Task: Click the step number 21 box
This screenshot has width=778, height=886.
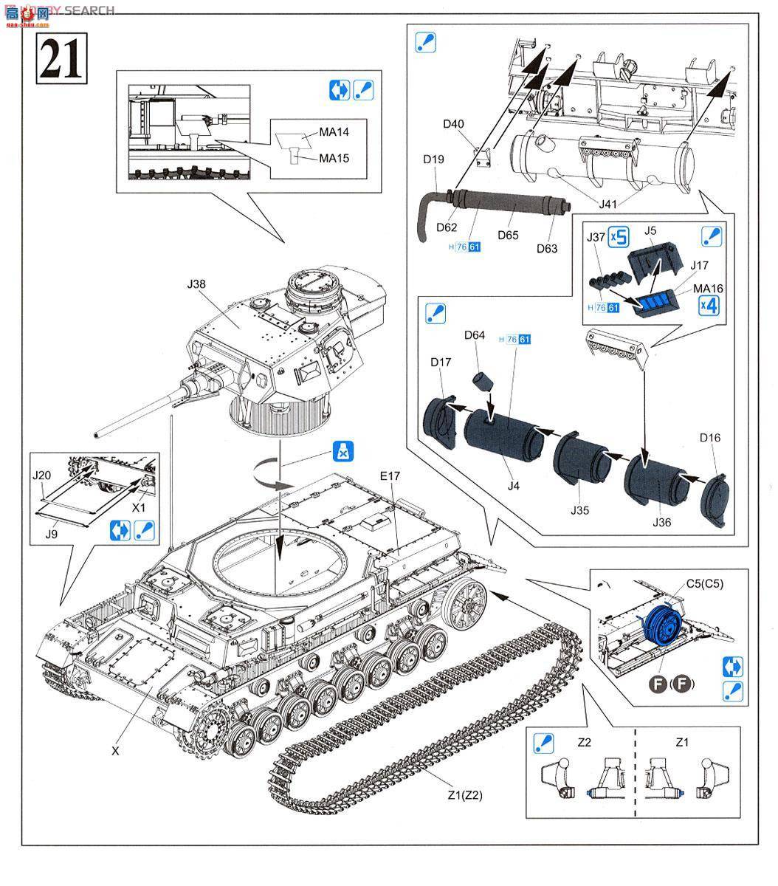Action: (61, 58)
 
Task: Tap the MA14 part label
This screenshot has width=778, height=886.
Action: (334, 131)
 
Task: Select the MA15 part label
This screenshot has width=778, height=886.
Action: (334, 158)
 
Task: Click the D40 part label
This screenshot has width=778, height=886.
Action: (454, 123)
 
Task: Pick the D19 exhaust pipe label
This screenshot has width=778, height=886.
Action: (433, 158)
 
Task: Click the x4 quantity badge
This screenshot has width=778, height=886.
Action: (707, 304)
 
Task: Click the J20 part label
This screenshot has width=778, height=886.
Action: (41, 476)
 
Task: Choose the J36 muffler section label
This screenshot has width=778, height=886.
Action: (662, 522)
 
